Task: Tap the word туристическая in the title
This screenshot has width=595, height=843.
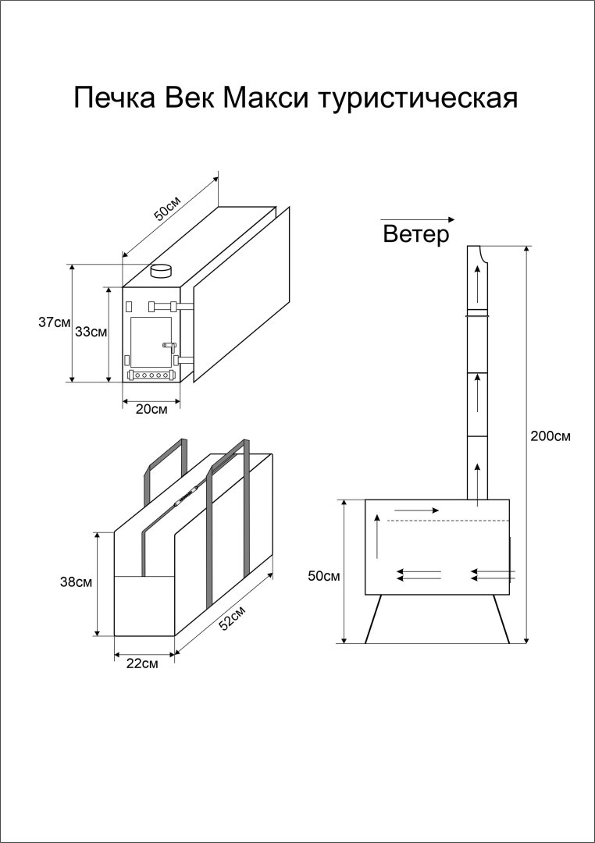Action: [x=419, y=99]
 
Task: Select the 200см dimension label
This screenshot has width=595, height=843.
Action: [x=550, y=436]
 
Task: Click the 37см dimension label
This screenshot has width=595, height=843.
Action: [x=55, y=322]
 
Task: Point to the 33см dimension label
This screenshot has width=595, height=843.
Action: [x=91, y=332]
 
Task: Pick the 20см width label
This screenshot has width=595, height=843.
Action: [x=151, y=409]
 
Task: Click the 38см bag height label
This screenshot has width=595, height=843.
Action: [x=77, y=582]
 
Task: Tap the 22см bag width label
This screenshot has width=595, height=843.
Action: [x=142, y=664]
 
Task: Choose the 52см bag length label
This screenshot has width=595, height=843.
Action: [x=233, y=617]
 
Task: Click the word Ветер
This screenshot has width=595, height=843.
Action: [x=416, y=235]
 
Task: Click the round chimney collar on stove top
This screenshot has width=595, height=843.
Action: [x=162, y=272]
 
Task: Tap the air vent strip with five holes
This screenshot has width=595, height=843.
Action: [x=150, y=375]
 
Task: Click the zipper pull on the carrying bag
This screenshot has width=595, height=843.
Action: [x=184, y=496]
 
